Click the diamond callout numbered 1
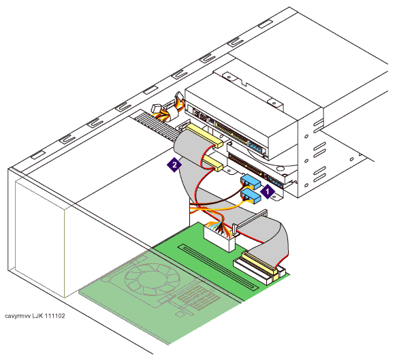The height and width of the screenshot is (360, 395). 268,192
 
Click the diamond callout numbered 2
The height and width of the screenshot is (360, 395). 174,165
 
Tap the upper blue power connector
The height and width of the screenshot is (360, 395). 251,182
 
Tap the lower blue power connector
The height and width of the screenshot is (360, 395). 251,196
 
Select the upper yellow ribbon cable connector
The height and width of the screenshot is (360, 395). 204,135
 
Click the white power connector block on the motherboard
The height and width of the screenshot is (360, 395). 219,238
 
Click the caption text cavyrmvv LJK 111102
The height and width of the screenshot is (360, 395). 35,316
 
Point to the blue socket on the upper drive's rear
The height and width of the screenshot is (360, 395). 256,147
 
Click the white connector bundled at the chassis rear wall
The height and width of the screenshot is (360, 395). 156,109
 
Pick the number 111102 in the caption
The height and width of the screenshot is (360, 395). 54,316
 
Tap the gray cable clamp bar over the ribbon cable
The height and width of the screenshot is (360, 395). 249,219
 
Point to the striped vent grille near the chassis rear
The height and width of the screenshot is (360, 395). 158,127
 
